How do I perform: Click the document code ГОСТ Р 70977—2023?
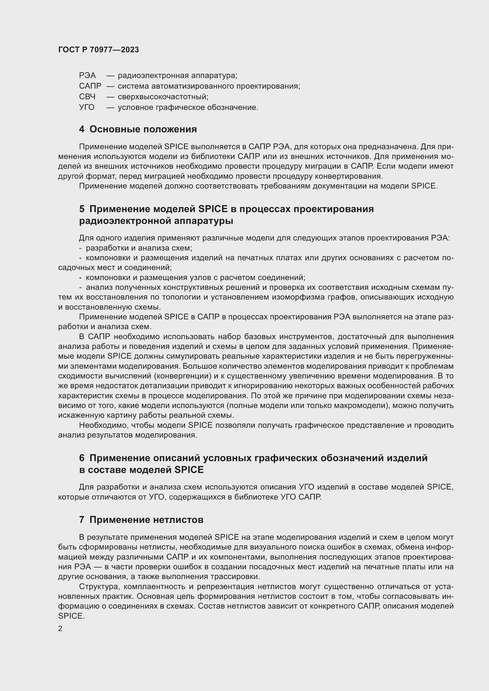pyautogui.click(x=98, y=50)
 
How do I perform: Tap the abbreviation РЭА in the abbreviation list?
pyautogui.click(x=87, y=75)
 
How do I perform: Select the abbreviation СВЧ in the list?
pyautogui.click(x=87, y=97)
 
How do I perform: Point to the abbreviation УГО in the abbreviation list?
pyautogui.click(x=87, y=107)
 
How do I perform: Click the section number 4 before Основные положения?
pyautogui.click(x=82, y=129)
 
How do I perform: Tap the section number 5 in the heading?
pyautogui.click(x=82, y=209)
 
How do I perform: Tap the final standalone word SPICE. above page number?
pyautogui.click(x=71, y=616)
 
